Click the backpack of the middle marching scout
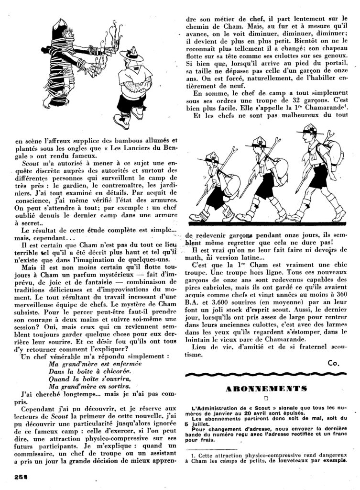279,167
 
